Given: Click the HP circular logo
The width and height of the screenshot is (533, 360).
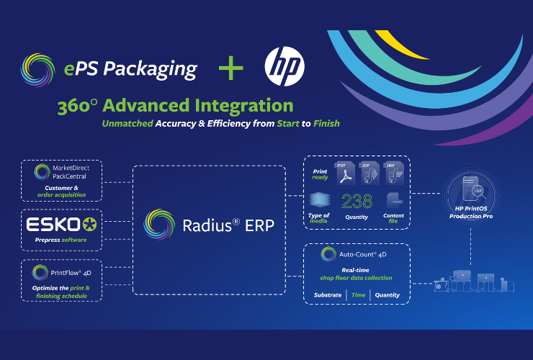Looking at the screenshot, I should coord(285,68).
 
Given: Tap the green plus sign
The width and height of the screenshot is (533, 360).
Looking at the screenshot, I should coord(231,68).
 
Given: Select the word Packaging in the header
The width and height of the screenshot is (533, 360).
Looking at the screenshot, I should coord(152,70).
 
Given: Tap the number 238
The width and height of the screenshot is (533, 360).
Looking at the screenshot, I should coord(357,202).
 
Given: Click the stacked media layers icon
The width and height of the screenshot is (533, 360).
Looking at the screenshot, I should coord(319,201).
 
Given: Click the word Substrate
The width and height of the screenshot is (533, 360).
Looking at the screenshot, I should coord(328,294).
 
